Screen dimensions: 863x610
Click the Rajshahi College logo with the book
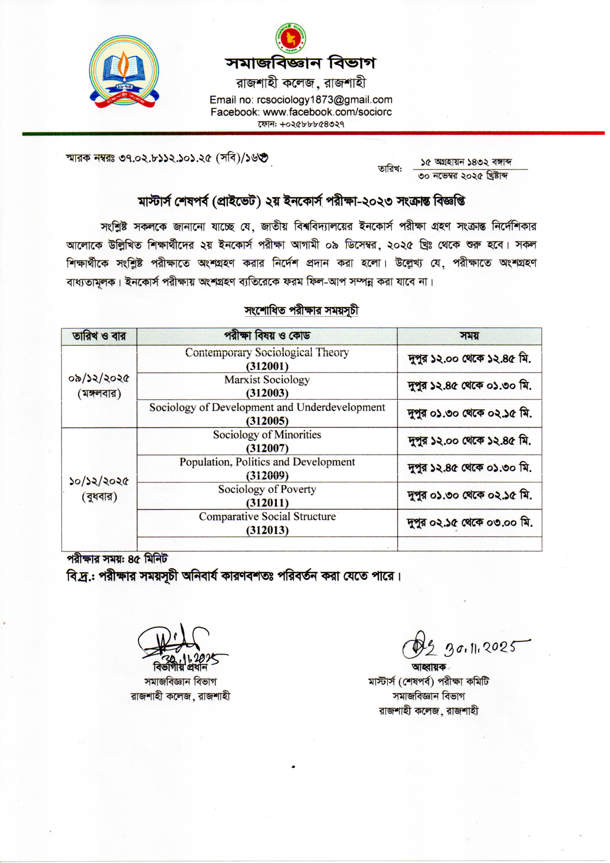pos(124,72)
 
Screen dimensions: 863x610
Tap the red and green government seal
pos(291,38)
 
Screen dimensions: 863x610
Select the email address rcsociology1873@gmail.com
pos(324,100)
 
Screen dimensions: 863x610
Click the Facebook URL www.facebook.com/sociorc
pos(327,111)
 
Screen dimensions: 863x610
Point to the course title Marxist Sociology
pos(267,379)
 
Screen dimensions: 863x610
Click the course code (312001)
pos(267,366)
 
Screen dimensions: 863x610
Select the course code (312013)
pos(267,530)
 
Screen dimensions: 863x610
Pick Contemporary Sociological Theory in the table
pos(267,353)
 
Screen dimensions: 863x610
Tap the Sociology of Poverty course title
pos(267,489)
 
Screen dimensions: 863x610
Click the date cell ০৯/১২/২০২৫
pos(99,378)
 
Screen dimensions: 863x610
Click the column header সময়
pos(469,336)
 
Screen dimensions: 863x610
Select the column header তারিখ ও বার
pos(99,336)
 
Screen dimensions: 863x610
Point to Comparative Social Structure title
pos(267,516)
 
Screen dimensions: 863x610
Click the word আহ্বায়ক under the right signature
pos(429,667)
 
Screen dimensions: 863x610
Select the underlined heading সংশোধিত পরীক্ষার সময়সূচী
pos(301,311)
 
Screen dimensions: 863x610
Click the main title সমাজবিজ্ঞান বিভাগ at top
pos(301,63)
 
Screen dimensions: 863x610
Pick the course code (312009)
pos(267,476)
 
